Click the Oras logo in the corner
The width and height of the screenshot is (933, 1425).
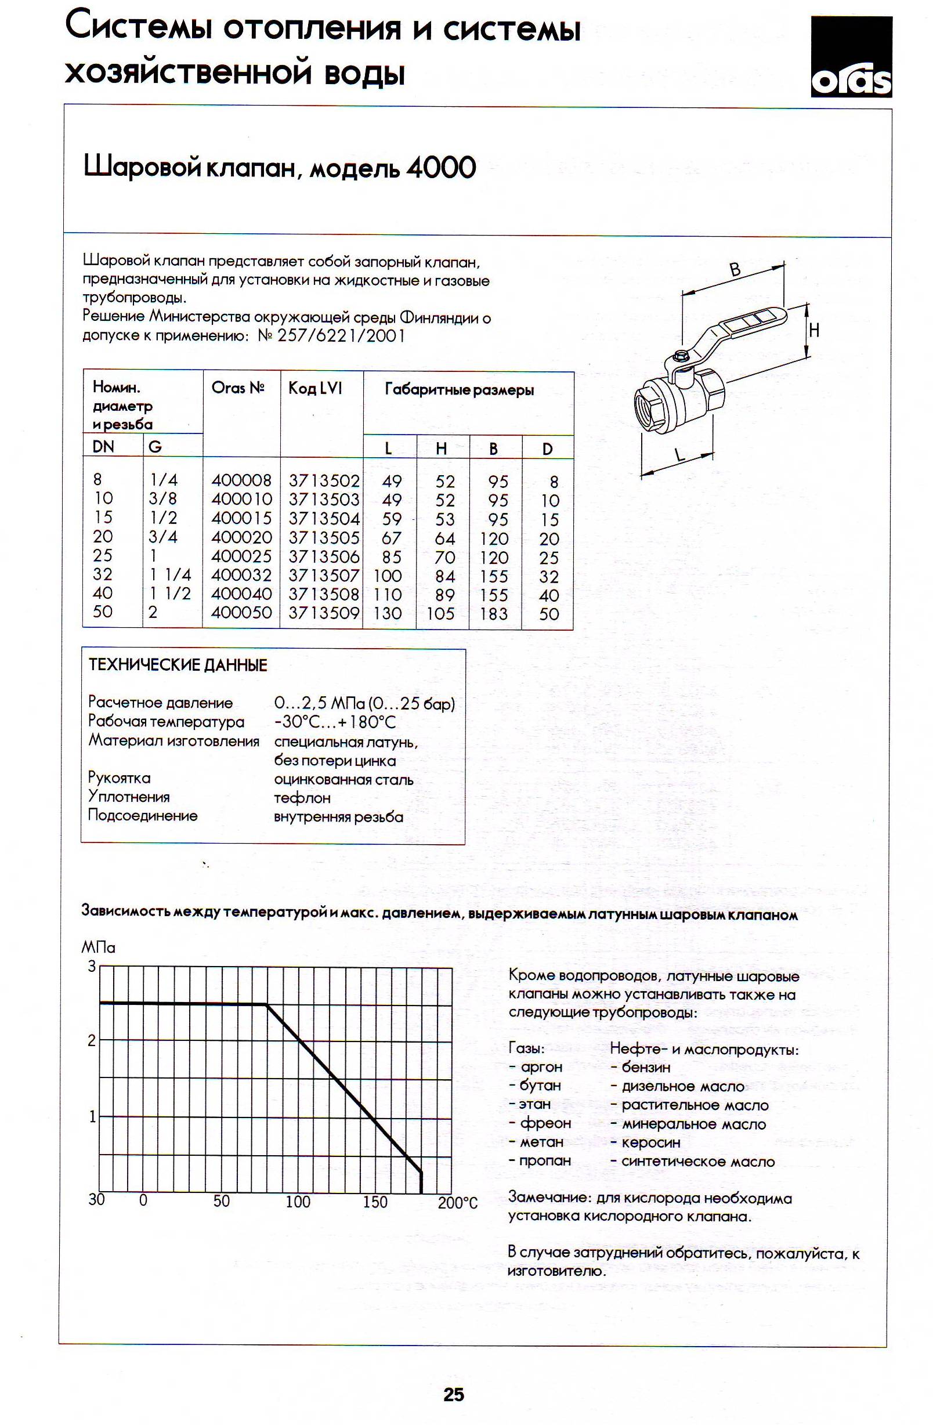851,57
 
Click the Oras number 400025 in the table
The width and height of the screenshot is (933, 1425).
241,556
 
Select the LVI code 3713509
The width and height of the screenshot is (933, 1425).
324,613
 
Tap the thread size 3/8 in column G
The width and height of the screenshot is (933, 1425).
163,499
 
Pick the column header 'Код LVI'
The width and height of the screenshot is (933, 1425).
315,389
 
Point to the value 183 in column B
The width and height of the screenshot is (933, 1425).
493,614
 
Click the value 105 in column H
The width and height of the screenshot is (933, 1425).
441,614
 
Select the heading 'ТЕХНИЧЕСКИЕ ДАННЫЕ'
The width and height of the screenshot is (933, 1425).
178,665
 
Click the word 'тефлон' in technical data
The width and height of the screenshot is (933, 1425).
302,798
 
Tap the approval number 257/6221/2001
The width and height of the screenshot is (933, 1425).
341,336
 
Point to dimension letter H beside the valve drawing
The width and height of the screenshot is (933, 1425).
814,330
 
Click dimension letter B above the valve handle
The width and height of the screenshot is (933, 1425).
735,270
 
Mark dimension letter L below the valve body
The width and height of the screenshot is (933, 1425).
679,455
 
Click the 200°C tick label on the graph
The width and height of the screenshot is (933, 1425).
458,1203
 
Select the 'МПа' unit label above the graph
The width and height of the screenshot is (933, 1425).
98,948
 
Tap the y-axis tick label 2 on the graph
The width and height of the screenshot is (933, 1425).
92,1040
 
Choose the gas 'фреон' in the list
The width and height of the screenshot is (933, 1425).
545,1123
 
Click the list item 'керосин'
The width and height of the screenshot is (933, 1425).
651,1142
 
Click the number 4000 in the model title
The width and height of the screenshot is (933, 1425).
441,168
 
